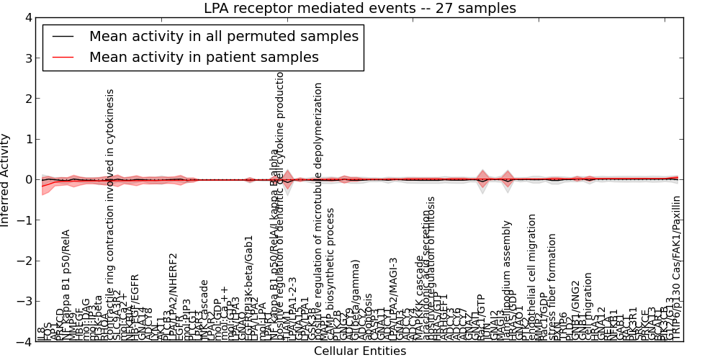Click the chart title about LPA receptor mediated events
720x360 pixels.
359,9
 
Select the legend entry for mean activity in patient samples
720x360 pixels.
204,57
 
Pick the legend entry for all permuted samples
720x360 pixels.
223,36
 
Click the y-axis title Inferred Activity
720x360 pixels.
6,180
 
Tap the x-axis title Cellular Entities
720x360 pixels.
359,351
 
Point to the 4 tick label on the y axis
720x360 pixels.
27,17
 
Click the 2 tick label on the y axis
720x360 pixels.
27,99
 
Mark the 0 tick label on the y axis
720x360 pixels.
27,180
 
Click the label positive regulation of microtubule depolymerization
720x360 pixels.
318,209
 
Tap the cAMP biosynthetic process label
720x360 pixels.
330,274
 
